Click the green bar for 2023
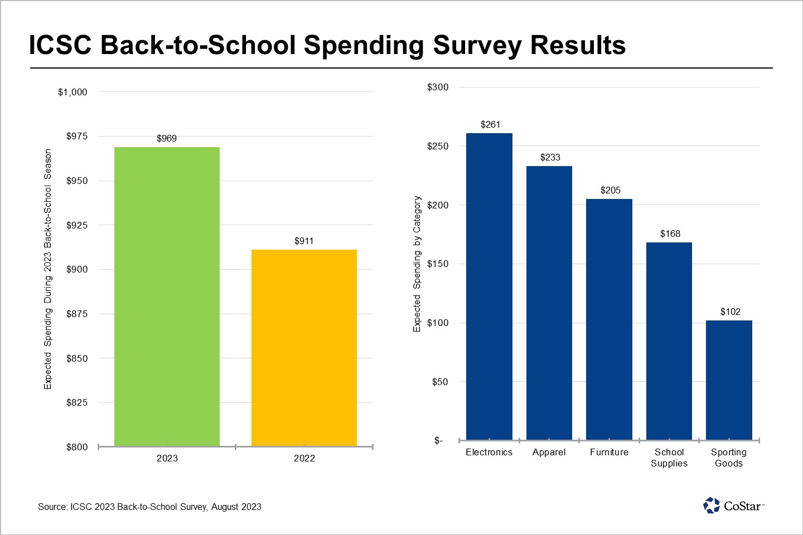tap(167, 296)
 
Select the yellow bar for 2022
tap(304, 348)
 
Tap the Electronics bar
tap(489, 286)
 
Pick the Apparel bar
tap(549, 303)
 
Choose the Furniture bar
tap(609, 319)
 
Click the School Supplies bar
tap(669, 341)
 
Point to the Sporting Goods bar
tap(729, 380)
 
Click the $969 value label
tap(167, 138)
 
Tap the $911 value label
tap(304, 241)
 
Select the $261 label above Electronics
tap(491, 124)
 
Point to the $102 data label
tap(731, 312)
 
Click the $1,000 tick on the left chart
tap(72, 92)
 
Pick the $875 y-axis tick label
tap(77, 314)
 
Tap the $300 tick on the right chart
tap(438, 87)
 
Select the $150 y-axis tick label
tap(438, 264)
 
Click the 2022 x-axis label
tap(304, 458)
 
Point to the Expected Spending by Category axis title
tap(417, 264)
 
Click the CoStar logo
tap(733, 505)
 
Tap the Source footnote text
tap(149, 507)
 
